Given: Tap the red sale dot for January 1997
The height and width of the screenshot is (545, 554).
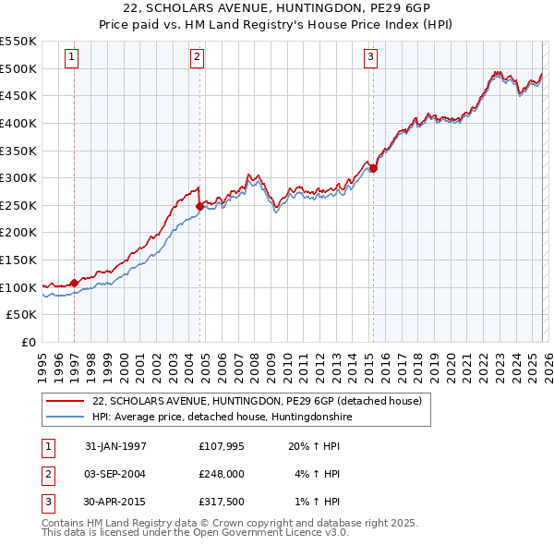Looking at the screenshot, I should (74, 283).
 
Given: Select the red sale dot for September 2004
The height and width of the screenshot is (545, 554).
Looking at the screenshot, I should (199, 206).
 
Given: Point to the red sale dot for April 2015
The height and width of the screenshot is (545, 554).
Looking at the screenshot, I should (373, 168).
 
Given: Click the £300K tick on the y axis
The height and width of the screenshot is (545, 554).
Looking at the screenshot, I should (18, 177).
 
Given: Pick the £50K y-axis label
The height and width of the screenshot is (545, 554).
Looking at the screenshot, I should (22, 315).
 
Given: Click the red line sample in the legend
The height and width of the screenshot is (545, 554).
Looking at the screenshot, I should (66, 401).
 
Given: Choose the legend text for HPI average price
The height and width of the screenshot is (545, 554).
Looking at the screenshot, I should (222, 417).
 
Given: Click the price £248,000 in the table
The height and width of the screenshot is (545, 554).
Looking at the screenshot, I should (222, 474).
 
